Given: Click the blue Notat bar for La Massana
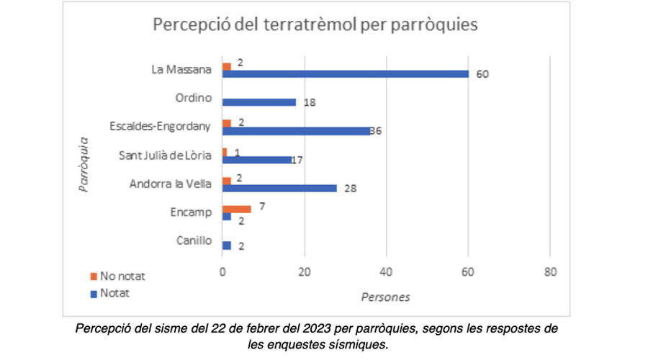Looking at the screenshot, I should (x=346, y=73).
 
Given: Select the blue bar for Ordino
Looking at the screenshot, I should (x=259, y=102).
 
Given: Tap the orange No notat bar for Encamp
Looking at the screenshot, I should (x=237, y=209).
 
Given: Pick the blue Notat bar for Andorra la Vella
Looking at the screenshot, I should (x=279, y=188).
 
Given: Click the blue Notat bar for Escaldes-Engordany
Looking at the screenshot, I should (x=296, y=131).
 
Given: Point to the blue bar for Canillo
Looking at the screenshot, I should (x=227, y=246).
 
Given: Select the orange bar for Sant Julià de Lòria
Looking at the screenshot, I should (x=225, y=152).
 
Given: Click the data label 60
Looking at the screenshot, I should (x=482, y=74).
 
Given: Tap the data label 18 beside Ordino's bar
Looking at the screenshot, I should (x=310, y=103).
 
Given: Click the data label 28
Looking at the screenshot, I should (x=351, y=189).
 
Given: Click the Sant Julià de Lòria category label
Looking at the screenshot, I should (x=164, y=155).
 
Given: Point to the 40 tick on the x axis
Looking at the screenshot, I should (x=386, y=274).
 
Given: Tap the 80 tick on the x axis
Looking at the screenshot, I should (x=550, y=274).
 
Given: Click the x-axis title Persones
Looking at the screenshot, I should (x=385, y=295).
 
